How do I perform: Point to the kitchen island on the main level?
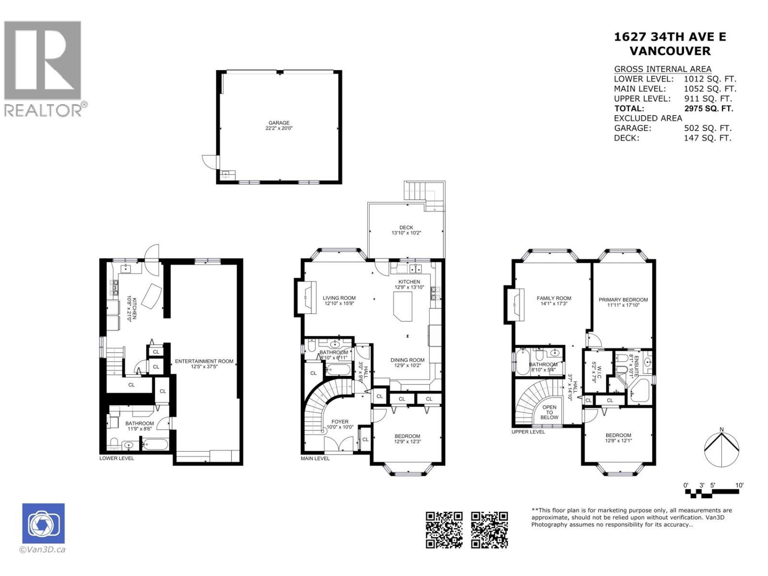click(403, 307)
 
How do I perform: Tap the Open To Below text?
click(549, 412)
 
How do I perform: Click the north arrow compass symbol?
click(721, 447)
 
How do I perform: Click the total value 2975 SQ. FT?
click(708, 108)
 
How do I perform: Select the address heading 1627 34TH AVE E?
click(670, 37)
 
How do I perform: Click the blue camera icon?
click(43, 523)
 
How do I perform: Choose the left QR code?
click(444, 530)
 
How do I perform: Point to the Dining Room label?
click(407, 360)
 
